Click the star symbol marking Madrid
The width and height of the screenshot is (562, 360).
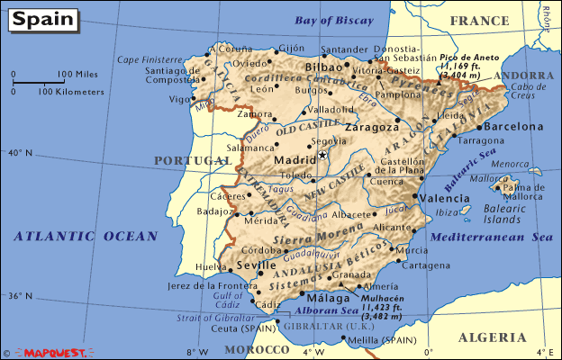[322, 155]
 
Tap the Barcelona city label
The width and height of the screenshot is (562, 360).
[514, 127]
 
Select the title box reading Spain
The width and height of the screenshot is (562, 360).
[40, 18]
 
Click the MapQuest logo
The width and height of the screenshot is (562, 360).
[55, 353]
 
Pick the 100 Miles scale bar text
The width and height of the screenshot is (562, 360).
[78, 74]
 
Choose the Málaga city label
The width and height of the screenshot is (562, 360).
[327, 298]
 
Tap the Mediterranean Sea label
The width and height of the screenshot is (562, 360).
[491, 237]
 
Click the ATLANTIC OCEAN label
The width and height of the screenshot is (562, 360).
[85, 236]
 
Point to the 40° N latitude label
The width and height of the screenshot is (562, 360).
[19, 153]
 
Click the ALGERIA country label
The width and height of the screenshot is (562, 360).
[492, 337]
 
